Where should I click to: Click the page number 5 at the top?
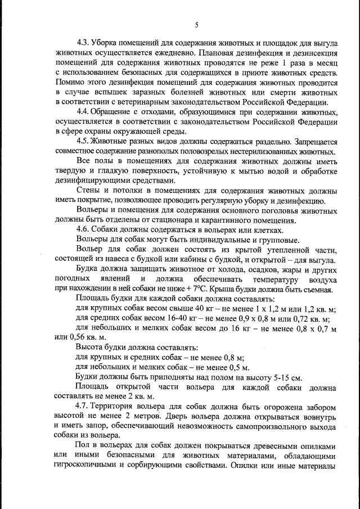point(197,24)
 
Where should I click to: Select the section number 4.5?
point(84,141)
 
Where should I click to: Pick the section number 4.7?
point(84,406)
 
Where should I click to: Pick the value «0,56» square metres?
point(74,337)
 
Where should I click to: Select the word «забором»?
point(321,406)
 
